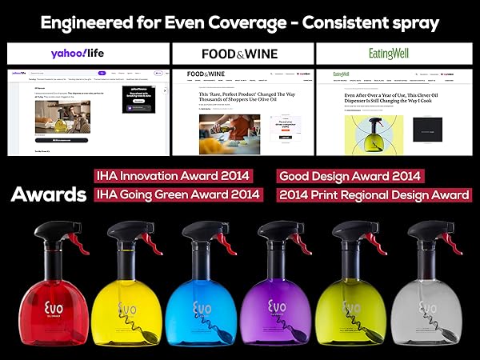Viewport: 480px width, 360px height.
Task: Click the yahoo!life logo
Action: coord(88,54)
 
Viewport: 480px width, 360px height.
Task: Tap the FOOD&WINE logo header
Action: coord(241,54)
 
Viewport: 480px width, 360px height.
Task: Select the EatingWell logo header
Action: coord(393,54)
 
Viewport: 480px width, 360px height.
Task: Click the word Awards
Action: coord(48,195)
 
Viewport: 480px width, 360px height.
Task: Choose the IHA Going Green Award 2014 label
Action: coord(178,194)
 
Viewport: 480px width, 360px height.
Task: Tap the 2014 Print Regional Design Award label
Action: coord(374,194)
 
